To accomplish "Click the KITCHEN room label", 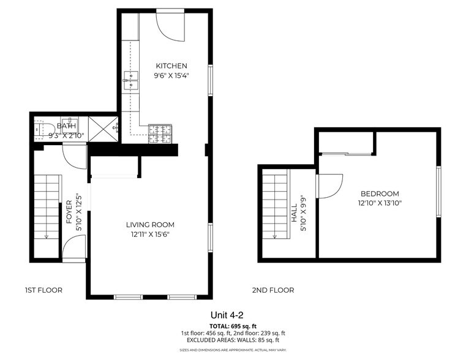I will pyautogui.click(x=171, y=66).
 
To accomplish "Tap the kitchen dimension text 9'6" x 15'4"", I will pyautogui.click(x=171, y=77).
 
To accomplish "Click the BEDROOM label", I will pyautogui.click(x=379, y=193).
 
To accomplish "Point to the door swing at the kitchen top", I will pyautogui.click(x=170, y=24).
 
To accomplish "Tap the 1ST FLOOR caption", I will pyautogui.click(x=43, y=290).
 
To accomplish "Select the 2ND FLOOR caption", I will pyautogui.click(x=272, y=290).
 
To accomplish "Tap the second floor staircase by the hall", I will pyautogui.click(x=275, y=206).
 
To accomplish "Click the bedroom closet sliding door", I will pyautogui.click(x=347, y=154).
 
